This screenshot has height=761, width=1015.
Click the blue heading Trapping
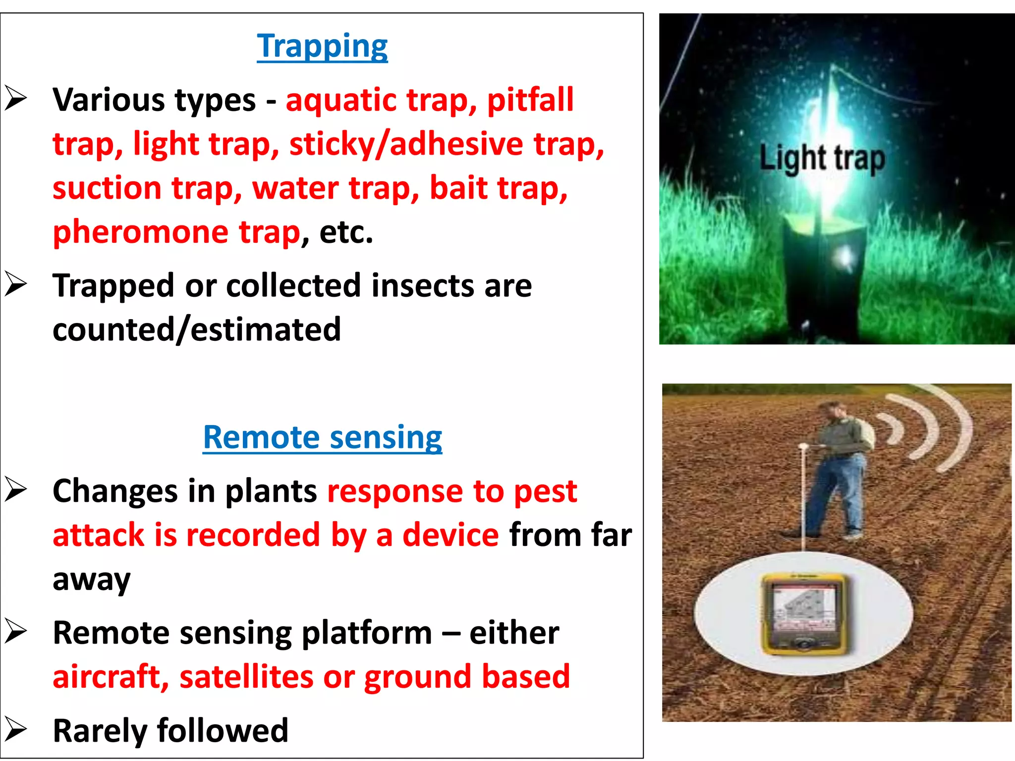pyautogui.click(x=322, y=46)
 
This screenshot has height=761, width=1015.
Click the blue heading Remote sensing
pyautogui.click(x=322, y=437)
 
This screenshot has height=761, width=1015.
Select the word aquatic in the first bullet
pyautogui.click(x=341, y=100)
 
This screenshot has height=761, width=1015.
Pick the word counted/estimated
pyautogui.click(x=197, y=329)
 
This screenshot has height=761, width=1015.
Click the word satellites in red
pyautogui.click(x=246, y=677)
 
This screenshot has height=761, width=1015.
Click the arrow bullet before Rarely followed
pyautogui.click(x=16, y=730)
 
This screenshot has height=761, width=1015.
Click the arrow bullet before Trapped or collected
pyautogui.click(x=16, y=285)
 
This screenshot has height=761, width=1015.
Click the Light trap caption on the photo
pyautogui.click(x=822, y=158)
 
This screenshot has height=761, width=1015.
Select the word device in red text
pyautogui.click(x=451, y=535)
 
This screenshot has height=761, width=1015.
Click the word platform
pyautogui.click(x=366, y=633)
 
